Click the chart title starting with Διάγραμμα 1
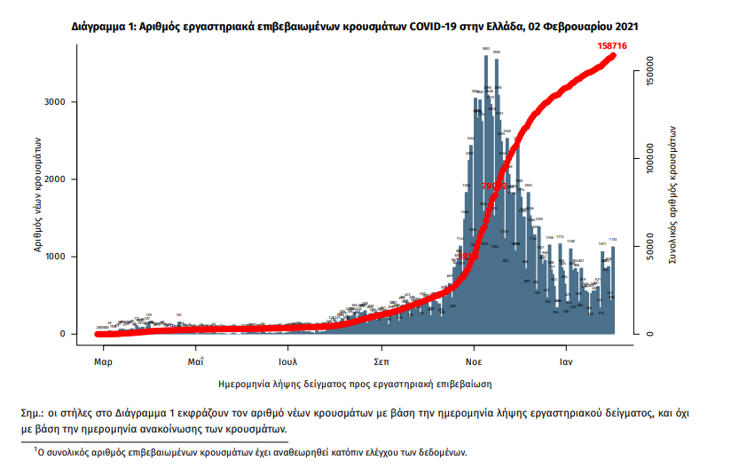click(x=354, y=28)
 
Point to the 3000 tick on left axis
click(x=55, y=102)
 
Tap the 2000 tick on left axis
click(x=55, y=179)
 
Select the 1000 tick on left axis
click(x=55, y=257)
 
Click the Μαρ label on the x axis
click(x=102, y=362)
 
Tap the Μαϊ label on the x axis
click(x=196, y=362)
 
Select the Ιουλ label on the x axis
click(x=287, y=362)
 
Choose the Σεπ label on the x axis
click(x=381, y=362)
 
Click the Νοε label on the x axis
click(x=474, y=362)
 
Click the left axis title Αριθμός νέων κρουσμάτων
click(x=39, y=194)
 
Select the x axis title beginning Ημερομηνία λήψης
click(x=355, y=384)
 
